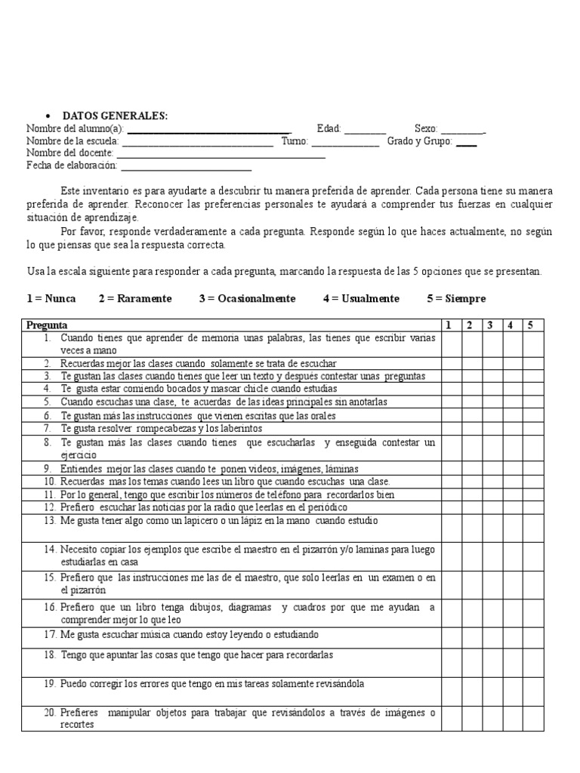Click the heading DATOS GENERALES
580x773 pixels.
[115, 115]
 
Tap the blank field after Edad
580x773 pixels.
[366, 130]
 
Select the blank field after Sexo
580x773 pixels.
[463, 130]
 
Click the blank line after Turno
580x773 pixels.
[345, 142]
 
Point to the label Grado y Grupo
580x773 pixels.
[419, 141]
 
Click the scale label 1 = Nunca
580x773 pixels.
[51, 299]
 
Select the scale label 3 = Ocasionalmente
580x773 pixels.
[247, 299]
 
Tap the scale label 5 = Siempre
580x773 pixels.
[456, 299]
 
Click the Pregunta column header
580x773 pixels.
[47, 325]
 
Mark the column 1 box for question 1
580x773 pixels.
[451, 344]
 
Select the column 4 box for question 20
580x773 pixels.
[511, 719]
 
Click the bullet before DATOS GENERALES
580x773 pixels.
[48, 116]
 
